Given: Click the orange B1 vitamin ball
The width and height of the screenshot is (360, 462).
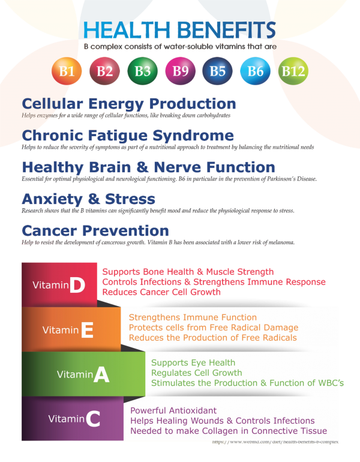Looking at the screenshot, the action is click(x=67, y=71).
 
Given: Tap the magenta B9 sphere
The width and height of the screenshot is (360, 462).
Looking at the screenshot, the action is click(x=180, y=71).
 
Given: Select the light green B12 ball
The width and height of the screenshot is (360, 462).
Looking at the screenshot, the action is click(x=293, y=71).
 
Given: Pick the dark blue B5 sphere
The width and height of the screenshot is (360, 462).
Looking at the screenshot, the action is click(x=217, y=71).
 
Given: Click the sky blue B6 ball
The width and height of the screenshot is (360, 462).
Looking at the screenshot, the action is click(x=255, y=71).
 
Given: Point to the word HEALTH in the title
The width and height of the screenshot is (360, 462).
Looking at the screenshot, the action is click(x=127, y=30).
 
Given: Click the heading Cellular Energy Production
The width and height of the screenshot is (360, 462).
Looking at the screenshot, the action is click(x=129, y=104).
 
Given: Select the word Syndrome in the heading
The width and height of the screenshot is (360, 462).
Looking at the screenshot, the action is click(x=193, y=136).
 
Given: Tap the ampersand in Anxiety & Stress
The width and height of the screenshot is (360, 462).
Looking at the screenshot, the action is click(x=94, y=199).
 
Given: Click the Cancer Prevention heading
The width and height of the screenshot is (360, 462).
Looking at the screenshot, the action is click(x=95, y=231).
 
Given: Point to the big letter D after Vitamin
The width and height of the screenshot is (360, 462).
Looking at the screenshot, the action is click(x=77, y=285).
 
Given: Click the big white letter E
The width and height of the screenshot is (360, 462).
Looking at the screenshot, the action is click(x=87, y=330).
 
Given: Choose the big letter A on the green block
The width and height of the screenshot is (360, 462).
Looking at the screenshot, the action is click(x=101, y=375).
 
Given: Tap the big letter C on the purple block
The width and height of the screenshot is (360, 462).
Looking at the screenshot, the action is click(x=93, y=419).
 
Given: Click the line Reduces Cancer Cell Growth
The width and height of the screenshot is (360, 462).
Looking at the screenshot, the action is click(x=161, y=292).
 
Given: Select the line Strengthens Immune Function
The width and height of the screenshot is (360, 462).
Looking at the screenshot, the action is click(x=193, y=317).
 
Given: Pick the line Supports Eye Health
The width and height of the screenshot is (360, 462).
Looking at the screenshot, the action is click(x=193, y=363).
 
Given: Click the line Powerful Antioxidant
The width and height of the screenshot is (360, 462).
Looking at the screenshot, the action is click(x=173, y=410).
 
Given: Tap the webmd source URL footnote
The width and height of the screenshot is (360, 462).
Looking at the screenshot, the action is click(x=275, y=442).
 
